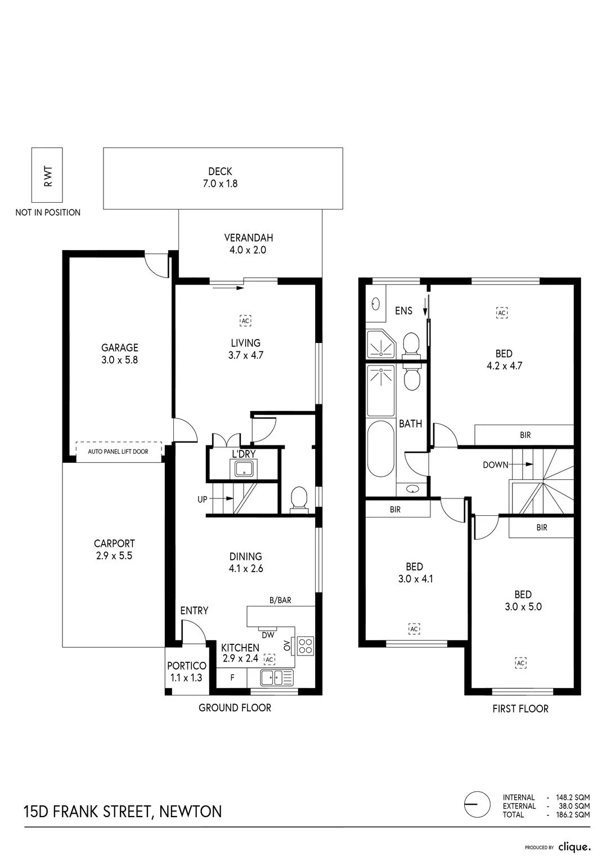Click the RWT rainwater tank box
47,175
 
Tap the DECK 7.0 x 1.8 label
220,177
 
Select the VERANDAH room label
249,238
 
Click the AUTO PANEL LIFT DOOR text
118,452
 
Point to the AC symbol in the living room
246,320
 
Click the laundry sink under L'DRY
244,469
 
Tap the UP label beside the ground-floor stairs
203,500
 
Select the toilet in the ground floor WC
299,500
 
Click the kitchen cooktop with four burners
305,645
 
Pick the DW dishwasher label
268,635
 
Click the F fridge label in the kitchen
232,677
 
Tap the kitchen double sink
277,677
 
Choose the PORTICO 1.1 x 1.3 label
187,671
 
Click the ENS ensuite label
403,311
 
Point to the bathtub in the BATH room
381,449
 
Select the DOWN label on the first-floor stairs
496,465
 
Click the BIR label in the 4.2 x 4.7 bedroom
525,435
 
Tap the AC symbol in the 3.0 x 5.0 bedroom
521,663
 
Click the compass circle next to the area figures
477,804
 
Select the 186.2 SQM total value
573,814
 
